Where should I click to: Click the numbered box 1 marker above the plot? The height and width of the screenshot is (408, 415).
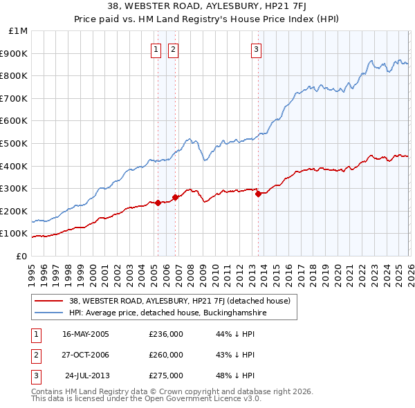coord(156,49)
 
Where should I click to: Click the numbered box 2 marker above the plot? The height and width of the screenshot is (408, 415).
coord(172,49)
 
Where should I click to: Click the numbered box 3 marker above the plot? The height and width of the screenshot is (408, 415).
coord(256,49)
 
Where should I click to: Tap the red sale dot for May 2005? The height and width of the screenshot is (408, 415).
coord(158,203)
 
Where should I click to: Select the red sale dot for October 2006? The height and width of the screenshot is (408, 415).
coord(176,197)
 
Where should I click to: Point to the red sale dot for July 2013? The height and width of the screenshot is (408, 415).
coord(258,194)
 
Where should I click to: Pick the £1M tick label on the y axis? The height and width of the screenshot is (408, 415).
coord(19,31)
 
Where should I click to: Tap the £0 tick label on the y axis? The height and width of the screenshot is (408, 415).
coord(22,256)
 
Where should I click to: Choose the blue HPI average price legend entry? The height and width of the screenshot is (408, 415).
coord(167,313)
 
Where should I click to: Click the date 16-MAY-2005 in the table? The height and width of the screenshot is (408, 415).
coord(86,334)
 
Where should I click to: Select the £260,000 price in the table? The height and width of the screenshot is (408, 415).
coord(166,355)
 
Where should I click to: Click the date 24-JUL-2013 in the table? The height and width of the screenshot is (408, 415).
coord(86,375)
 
